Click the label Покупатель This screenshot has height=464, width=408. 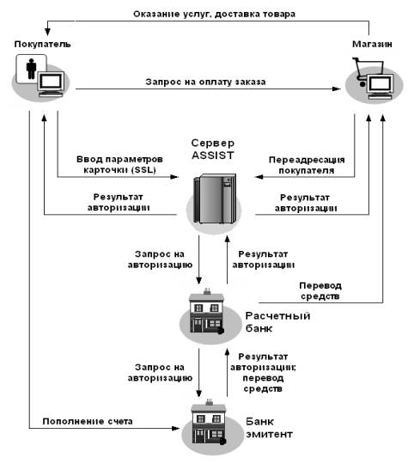tap(43, 44)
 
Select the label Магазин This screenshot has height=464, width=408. tap(372, 44)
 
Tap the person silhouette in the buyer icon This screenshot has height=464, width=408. tap(31, 69)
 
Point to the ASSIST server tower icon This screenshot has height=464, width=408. tap(215, 198)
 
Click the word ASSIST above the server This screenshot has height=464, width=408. tap(213, 155)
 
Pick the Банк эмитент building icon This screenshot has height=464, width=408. tap(209, 422)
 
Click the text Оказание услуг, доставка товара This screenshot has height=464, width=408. tap(214, 14)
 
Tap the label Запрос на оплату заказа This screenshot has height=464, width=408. tap(205, 82)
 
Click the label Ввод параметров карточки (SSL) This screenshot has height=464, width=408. tap(119, 164)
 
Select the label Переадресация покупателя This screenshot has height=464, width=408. tap(307, 165)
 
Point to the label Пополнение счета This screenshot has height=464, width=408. tap(88, 421)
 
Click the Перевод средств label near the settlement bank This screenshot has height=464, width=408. tap(320, 290)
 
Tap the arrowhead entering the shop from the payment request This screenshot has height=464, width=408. tap(337, 89)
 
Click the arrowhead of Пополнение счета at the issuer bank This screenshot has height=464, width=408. tap(175, 428)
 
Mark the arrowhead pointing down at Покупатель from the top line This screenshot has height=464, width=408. tap(47, 32)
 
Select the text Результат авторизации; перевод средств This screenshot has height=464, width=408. tap(263, 373)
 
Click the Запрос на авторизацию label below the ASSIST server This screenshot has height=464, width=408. tap(160, 259)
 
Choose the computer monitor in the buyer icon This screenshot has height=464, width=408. tap(51, 81)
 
